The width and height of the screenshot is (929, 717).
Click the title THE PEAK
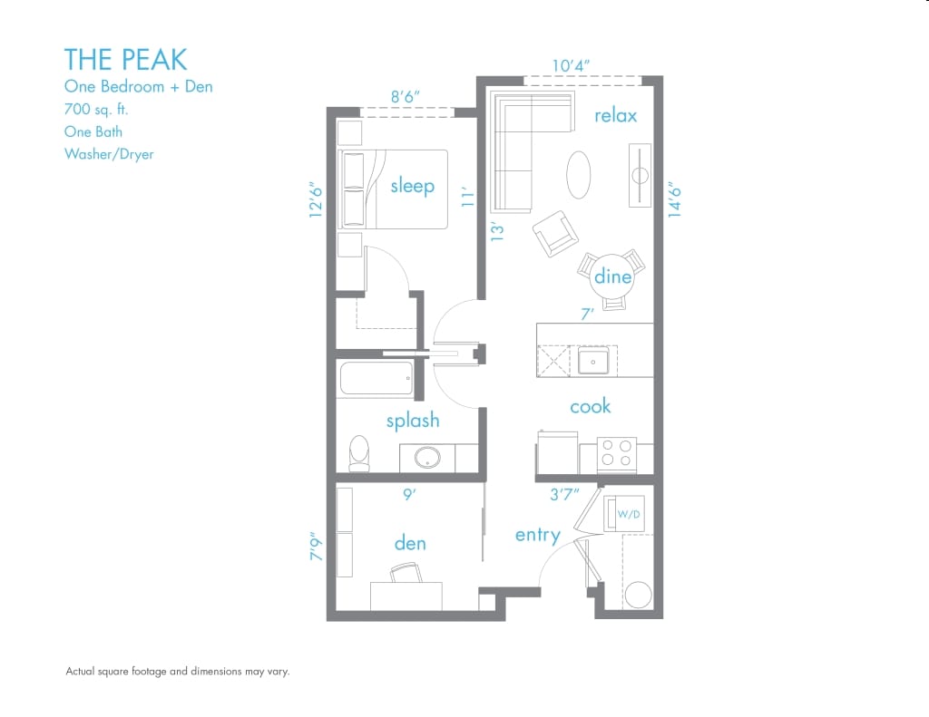pos(125,60)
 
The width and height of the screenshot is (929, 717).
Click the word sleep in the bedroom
pos(412,186)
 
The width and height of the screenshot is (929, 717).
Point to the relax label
pos(615,115)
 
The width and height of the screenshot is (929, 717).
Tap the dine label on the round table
pos(612,276)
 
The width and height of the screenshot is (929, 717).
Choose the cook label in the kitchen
pos(590,406)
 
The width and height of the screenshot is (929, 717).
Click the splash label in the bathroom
pos(412,420)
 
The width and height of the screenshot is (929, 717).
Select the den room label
pos(410,543)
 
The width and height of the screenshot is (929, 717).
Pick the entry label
pos(537,535)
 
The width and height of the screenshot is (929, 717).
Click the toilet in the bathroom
pos(360,452)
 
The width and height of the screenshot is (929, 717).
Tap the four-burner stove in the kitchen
pos(617,453)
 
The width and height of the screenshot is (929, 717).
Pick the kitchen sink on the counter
pos(594,362)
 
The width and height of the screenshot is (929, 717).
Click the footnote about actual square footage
pos(177,672)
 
